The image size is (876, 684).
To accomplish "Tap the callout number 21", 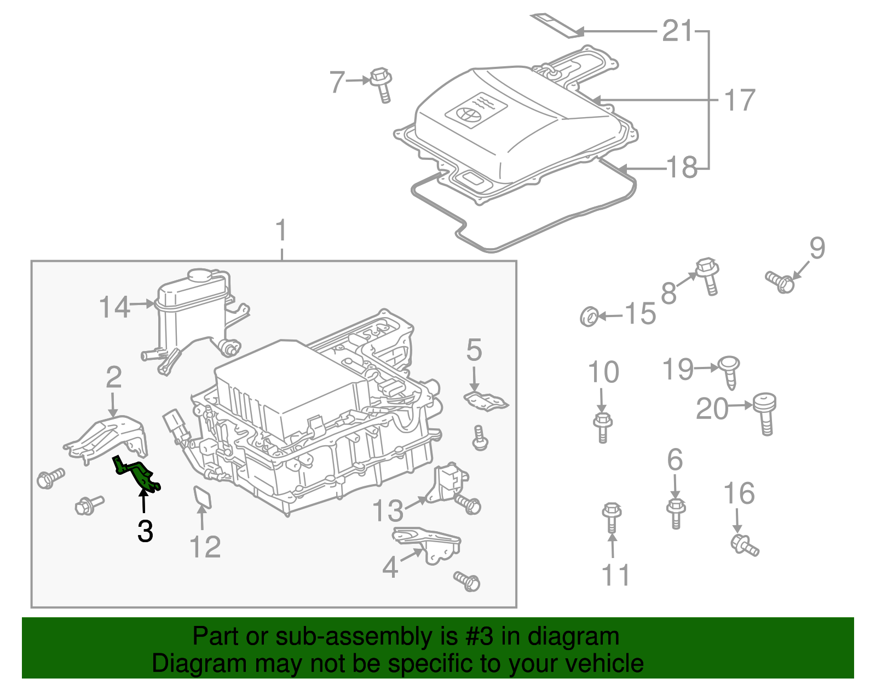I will [x=677, y=31].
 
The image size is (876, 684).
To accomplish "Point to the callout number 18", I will [x=682, y=168].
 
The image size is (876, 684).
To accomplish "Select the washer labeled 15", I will [x=589, y=316].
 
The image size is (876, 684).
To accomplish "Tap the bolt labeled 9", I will [x=781, y=281].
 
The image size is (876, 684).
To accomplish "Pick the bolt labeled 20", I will [x=765, y=412].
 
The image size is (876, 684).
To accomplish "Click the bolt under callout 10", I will [x=602, y=427].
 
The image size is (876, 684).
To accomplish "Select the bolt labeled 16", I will [x=745, y=545].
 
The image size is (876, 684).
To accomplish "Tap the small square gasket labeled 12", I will [x=203, y=497].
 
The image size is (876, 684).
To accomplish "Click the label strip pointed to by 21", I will [x=556, y=25].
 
